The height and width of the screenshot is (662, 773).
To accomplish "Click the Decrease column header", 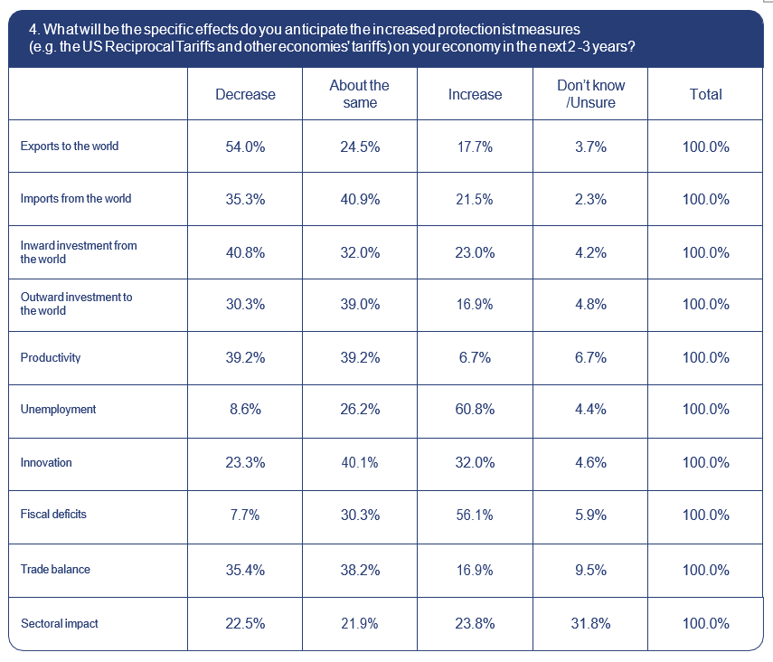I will (x=245, y=94).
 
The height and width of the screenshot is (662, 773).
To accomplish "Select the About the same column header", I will (x=359, y=94).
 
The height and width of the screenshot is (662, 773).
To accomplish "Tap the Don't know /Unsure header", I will (x=590, y=94).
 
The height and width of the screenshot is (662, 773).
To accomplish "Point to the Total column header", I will (x=705, y=94).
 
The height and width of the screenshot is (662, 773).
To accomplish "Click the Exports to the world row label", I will (x=70, y=147).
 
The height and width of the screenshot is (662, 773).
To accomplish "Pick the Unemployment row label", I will (x=58, y=410).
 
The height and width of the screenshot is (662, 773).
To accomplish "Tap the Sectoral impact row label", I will (x=60, y=623).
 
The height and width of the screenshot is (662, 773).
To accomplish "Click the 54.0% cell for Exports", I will (x=245, y=147).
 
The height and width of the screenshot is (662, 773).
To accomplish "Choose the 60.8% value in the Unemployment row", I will (x=475, y=410).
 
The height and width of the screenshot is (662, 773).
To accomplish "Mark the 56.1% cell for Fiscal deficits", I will (x=475, y=515).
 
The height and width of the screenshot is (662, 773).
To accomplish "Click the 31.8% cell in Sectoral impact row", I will (x=590, y=623).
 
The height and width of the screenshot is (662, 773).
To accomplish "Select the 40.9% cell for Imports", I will (x=359, y=199).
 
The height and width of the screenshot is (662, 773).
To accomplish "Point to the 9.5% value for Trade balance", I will (x=590, y=570).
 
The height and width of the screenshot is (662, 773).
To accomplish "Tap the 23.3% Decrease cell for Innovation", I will (x=245, y=462).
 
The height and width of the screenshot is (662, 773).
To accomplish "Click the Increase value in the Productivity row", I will (x=475, y=357).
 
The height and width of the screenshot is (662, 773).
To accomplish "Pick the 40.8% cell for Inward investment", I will (x=245, y=252).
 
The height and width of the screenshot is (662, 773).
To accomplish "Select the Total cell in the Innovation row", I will (x=705, y=462).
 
